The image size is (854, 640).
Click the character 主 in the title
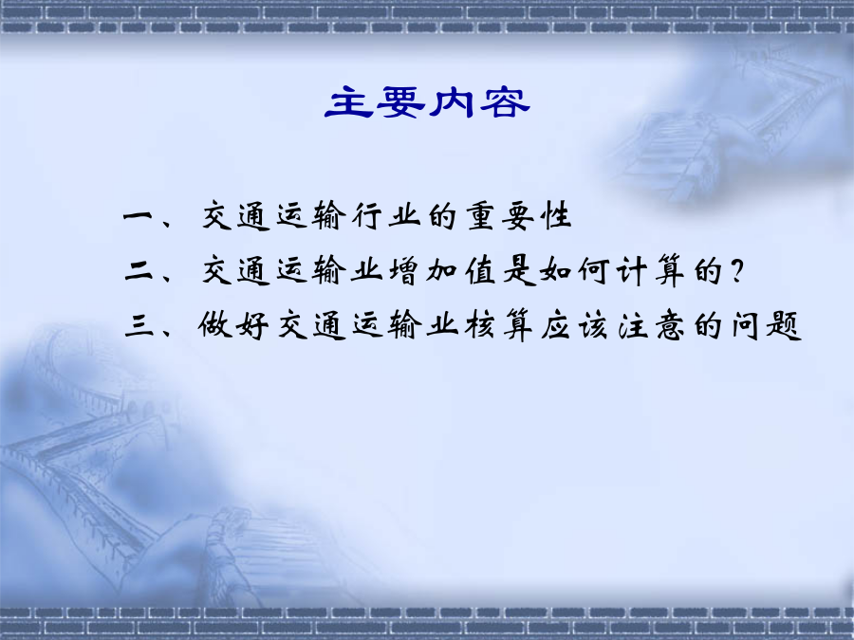pyautogui.click(x=348, y=101)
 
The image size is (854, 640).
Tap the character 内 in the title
pyautogui.click(x=451, y=101)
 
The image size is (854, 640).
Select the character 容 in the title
pyautogui.click(x=505, y=101)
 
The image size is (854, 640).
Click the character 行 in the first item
pyautogui.click(x=366, y=216)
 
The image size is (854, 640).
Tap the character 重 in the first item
pyautogui.click(x=480, y=216)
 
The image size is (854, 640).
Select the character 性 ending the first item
pyautogui.click(x=556, y=216)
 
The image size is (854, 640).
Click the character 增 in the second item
pyautogui.click(x=403, y=270)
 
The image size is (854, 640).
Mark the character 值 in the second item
pyautogui.click(x=480, y=270)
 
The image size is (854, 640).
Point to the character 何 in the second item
pyautogui.click(x=594, y=270)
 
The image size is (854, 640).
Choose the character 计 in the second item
pyautogui.click(x=632, y=270)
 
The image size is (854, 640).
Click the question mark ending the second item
pyautogui.click(x=737, y=270)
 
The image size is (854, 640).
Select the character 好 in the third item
pyautogui.click(x=252, y=325)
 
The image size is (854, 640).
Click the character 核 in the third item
pyautogui.click(x=480, y=325)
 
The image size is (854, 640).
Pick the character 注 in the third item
pyautogui.click(x=633, y=325)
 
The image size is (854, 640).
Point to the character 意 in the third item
pyautogui.click(x=671, y=325)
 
